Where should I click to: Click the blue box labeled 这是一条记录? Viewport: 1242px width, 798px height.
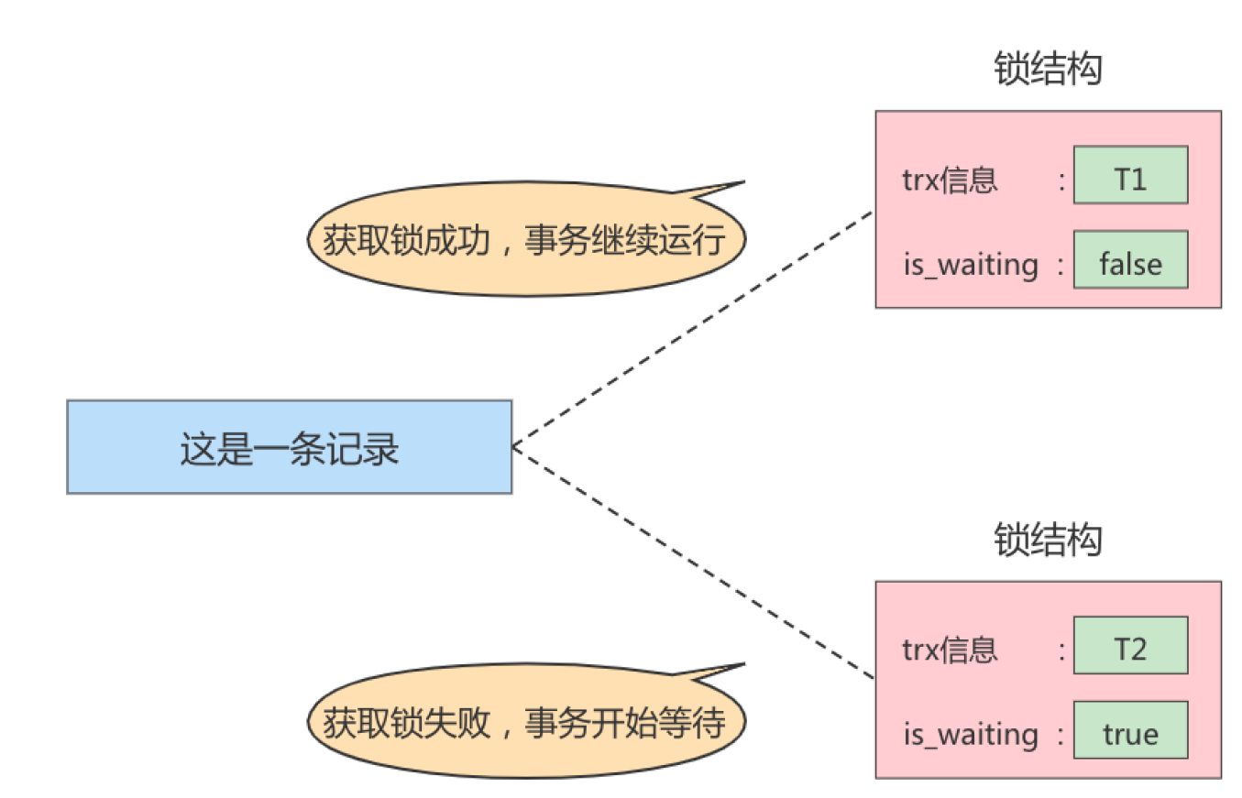[289, 447]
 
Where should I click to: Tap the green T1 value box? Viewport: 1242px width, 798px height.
[1130, 175]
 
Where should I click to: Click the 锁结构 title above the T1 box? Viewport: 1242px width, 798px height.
[1048, 71]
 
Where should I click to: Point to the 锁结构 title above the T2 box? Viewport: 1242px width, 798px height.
[1048, 541]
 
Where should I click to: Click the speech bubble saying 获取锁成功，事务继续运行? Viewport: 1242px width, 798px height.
[525, 240]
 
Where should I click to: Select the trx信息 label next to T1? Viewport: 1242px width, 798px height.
[949, 180]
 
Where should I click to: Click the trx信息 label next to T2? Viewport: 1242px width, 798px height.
[949, 650]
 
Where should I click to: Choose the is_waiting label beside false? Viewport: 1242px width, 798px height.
[970, 265]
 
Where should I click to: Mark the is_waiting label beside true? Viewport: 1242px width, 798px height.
[970, 735]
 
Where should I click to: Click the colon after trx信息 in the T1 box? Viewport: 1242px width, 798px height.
[1061, 180]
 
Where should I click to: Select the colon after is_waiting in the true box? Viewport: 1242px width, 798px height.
[1061, 735]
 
